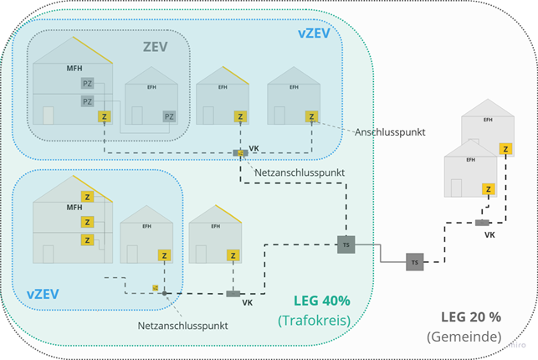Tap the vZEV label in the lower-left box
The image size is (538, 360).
tap(42, 295)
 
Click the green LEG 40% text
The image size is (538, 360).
tap(322, 301)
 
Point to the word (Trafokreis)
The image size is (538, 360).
tap(314, 320)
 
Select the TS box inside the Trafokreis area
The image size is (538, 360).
tap(346, 244)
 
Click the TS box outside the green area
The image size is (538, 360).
tap(414, 262)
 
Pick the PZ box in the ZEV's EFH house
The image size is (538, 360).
tap(169, 116)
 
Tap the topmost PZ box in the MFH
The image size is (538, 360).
tap(87, 84)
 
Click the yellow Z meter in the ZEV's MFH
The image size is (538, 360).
tap(105, 117)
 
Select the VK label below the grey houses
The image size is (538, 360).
tap(489, 235)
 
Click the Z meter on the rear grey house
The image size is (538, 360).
tap(505, 149)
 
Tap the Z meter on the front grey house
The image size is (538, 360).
tap(488, 190)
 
